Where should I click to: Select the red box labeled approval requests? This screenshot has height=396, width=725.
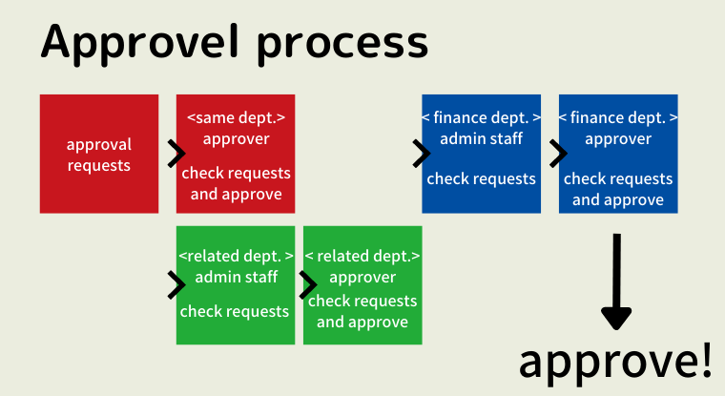click(x=99, y=154)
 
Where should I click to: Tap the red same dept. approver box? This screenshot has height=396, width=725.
click(x=236, y=154)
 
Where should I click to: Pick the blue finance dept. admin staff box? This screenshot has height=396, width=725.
click(x=482, y=154)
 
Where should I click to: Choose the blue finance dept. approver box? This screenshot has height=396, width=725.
click(x=618, y=154)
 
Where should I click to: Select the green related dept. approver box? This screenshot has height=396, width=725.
click(x=362, y=285)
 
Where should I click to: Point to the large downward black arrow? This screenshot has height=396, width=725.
click(x=617, y=282)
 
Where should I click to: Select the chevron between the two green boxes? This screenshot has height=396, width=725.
click(x=307, y=284)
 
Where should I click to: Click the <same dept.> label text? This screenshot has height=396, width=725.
click(x=236, y=118)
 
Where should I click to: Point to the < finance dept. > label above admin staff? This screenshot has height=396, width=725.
click(x=482, y=118)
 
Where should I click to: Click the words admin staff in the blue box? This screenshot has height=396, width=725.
click(x=482, y=139)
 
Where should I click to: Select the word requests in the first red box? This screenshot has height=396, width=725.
click(x=99, y=165)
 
